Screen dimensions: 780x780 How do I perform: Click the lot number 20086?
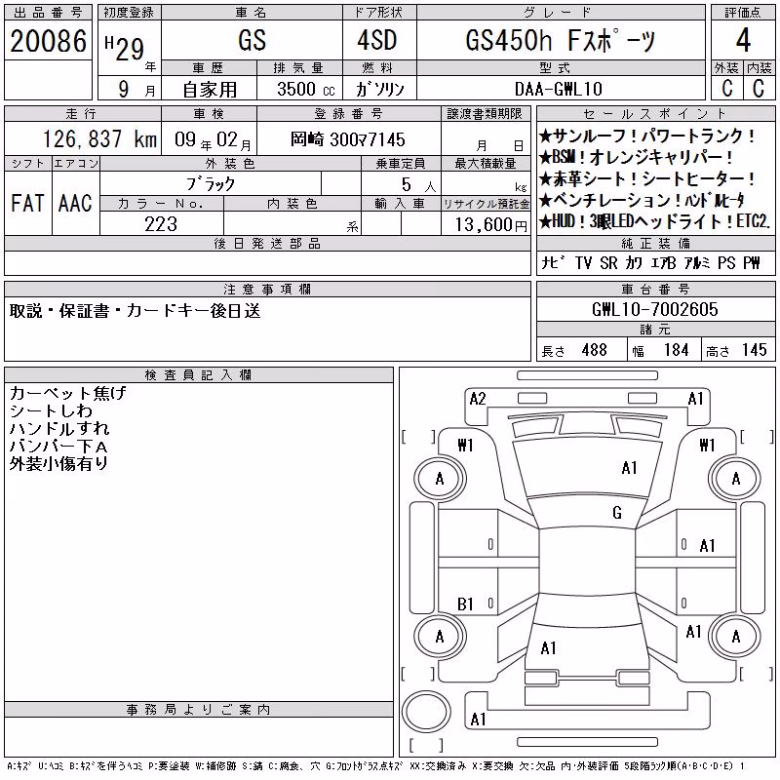(x=48, y=41)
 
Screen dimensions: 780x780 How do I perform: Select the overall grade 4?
(x=743, y=40)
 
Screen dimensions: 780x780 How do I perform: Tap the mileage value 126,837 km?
(x=99, y=139)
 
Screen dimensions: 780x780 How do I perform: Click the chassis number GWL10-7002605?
(x=655, y=309)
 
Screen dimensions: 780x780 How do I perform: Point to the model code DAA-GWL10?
(x=559, y=89)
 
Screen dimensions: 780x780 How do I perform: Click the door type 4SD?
(x=377, y=40)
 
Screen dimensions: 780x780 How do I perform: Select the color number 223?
(x=161, y=224)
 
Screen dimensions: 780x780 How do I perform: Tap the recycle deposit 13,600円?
(x=490, y=225)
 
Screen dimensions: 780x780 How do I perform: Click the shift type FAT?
(x=28, y=203)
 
